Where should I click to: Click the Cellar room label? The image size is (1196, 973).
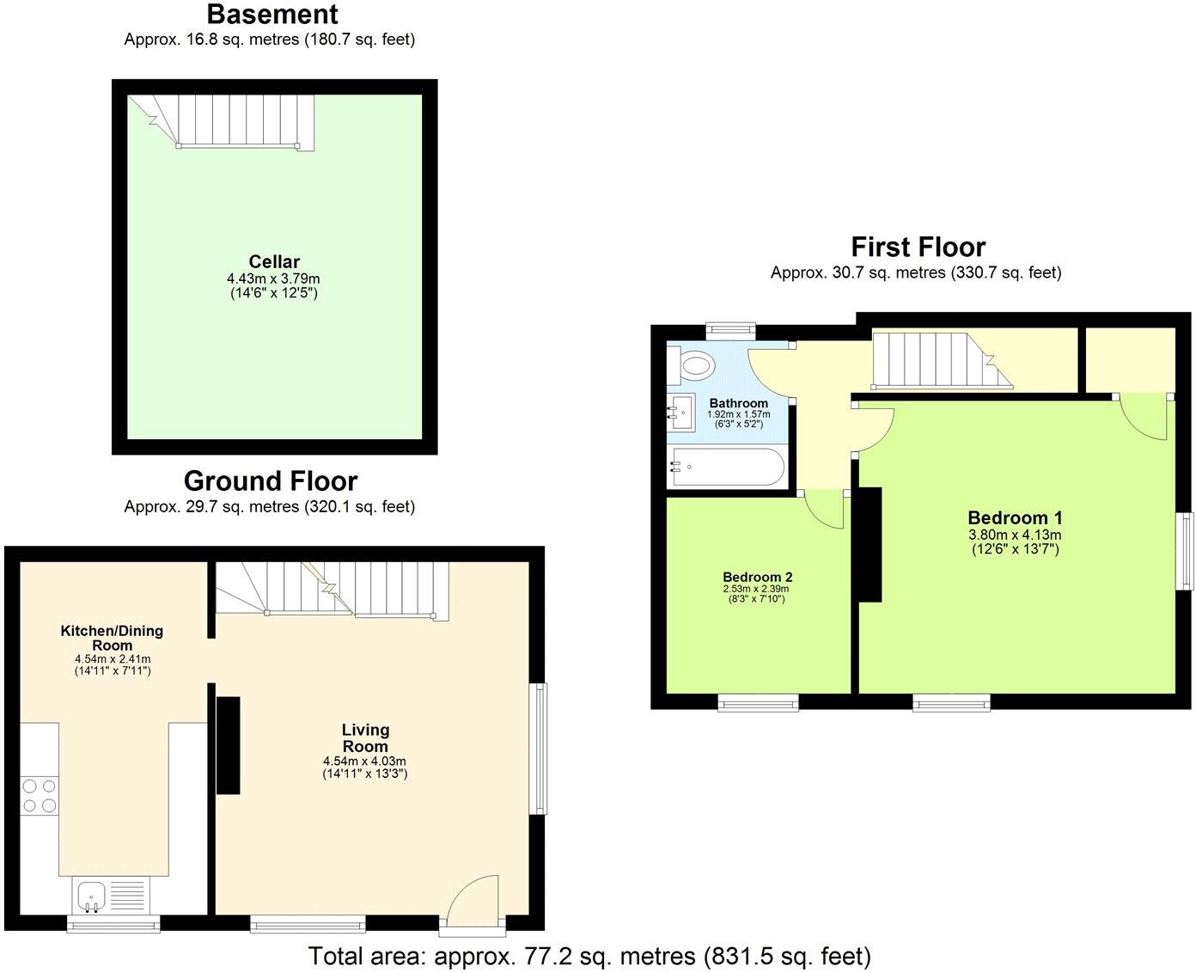coord(274,261)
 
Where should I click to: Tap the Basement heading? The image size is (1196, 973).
coord(272,15)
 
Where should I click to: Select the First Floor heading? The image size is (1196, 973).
coord(918,248)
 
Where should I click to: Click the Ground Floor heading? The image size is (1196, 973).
coord(270,480)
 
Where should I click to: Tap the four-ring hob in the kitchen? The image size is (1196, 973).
coord(39,795)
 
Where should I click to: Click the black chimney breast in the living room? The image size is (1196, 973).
coord(228,745)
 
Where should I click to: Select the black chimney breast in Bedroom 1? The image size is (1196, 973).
coord(870,545)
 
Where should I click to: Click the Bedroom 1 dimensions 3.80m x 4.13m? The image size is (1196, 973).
coord(1015,534)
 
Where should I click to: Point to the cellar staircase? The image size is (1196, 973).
coord(237,120)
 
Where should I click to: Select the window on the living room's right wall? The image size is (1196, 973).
coord(538,749)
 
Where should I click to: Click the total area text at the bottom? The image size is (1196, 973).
coord(589,956)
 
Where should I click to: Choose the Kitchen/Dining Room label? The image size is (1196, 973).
coord(112,638)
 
